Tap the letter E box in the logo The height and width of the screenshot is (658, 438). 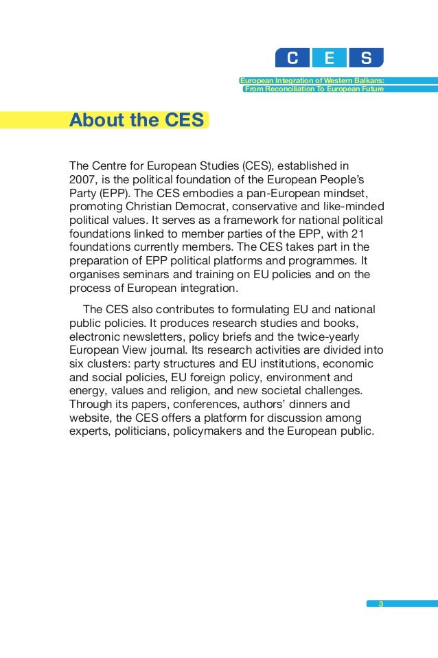pos(330,58)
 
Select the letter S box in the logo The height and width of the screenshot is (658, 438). pos(366,58)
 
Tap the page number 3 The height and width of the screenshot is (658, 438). pos(380,604)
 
